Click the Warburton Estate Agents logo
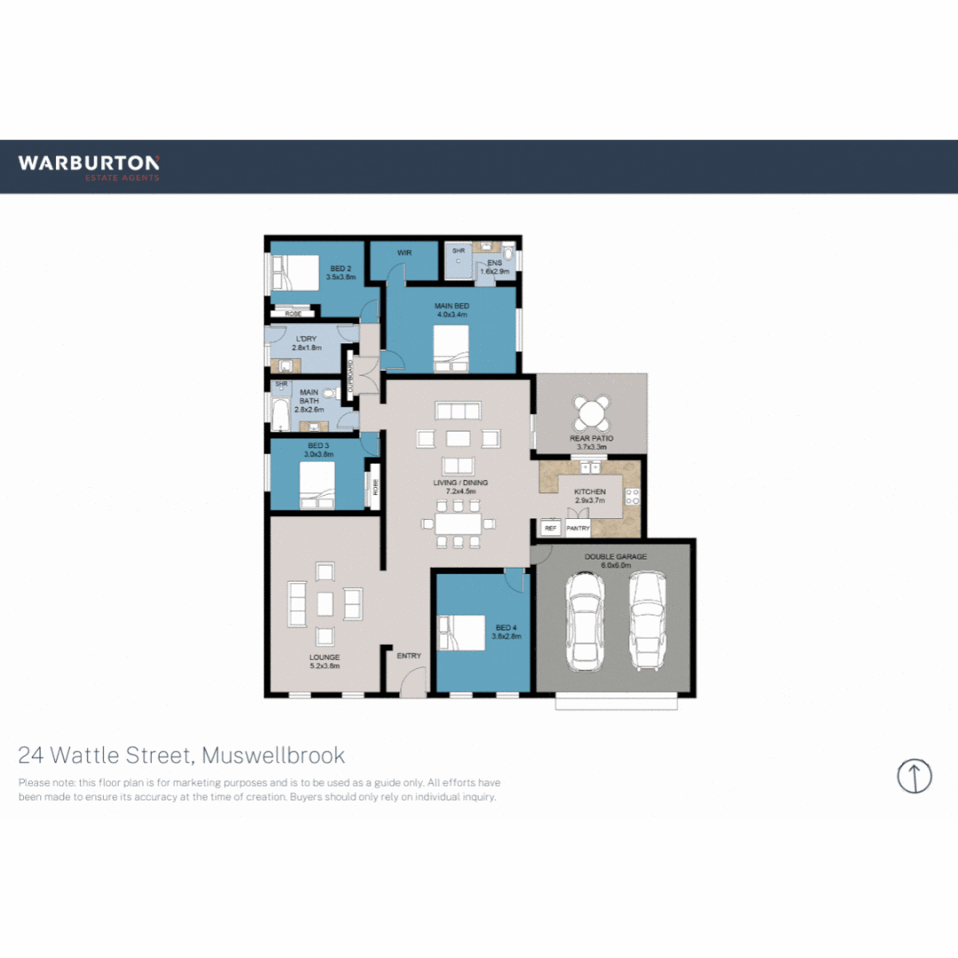89,167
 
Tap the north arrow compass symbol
914,775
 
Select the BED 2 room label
341,272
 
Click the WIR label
404,254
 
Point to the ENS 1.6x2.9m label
495,266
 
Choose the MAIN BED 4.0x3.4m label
452,310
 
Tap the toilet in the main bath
329,391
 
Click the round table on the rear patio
592,412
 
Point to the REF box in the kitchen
550,528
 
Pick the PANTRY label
578,528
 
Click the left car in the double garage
585,621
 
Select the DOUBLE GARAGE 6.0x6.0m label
614,560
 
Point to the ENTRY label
409,656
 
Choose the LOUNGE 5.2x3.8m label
325,662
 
